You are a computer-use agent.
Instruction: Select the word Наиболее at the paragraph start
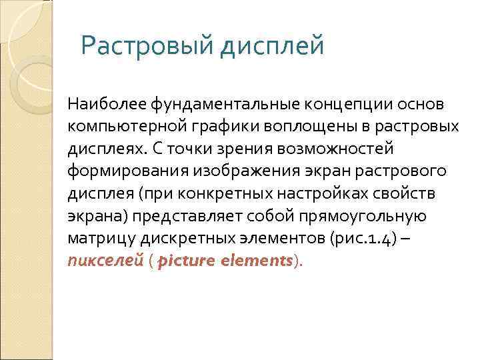[107, 105]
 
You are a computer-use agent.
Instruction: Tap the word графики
[203, 127]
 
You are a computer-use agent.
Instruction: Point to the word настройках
[318, 193]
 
